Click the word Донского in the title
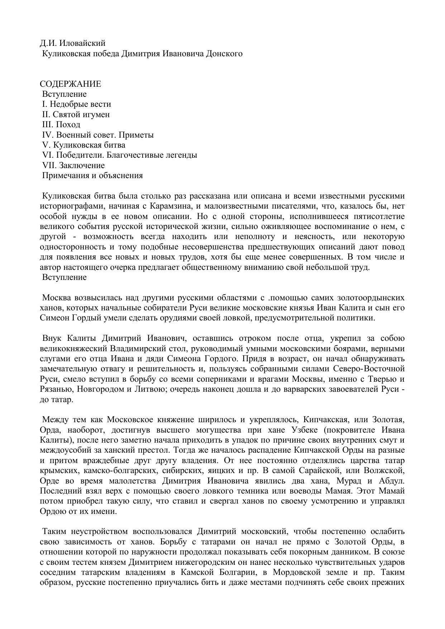click(x=225, y=54)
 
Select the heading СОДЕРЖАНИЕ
click(x=70, y=84)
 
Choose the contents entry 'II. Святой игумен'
click(x=76, y=115)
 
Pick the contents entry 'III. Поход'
click(x=61, y=125)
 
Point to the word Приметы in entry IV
click(x=136, y=135)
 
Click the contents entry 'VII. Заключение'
click(x=73, y=166)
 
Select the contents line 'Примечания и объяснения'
click(x=92, y=176)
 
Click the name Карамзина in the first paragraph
click(x=170, y=206)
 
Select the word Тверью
click(x=383, y=379)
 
